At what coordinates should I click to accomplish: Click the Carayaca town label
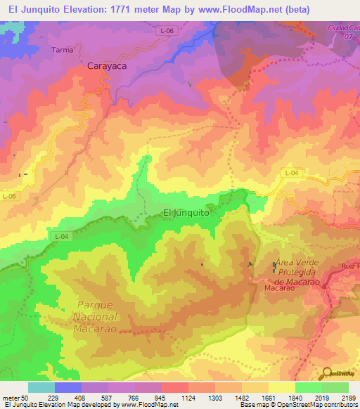pos(107,66)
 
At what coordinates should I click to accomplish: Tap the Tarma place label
pos(63,50)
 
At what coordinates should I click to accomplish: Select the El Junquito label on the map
pos(186,212)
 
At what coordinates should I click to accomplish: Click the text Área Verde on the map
pos(299,261)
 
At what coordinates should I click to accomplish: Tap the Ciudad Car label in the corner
pos(343,27)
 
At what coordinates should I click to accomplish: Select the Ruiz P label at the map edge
pos(349,266)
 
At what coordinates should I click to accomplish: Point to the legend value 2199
pos(349,398)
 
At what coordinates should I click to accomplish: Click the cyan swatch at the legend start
pos(41,387)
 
